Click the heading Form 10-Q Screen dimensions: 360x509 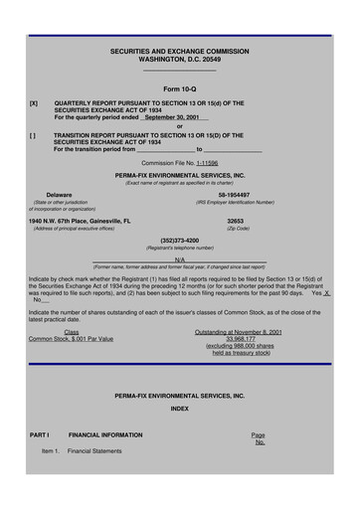tap(179, 89)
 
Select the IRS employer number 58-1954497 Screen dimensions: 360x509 tap(236, 195)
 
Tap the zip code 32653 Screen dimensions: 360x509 tap(236, 221)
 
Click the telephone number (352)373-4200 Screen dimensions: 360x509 tap(179, 240)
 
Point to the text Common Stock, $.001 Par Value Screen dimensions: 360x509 tap(72, 338)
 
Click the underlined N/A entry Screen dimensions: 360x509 tap(179, 259)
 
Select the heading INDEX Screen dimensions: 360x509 tap(179, 408)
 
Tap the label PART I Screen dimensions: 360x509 tap(40, 435)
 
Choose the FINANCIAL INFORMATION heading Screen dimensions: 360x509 tap(104, 435)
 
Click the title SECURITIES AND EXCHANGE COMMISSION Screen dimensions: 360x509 tap(179, 51)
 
